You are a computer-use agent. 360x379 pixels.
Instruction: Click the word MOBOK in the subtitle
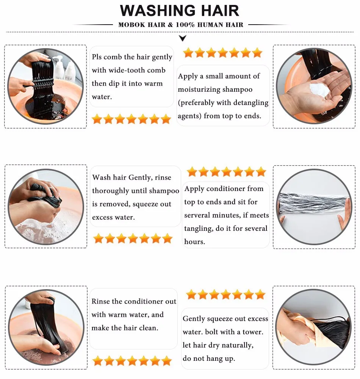pos(131,25)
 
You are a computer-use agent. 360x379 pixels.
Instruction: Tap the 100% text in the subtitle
pos(185,25)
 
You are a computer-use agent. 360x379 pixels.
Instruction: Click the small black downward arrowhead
pos(183,38)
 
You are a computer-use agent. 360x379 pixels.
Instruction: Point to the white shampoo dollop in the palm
pos(319,89)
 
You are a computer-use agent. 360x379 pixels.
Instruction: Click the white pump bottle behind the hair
pos(58,66)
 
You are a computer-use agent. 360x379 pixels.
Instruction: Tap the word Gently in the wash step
pos(140,178)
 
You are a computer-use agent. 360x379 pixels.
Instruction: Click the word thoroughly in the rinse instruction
pos(111,191)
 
